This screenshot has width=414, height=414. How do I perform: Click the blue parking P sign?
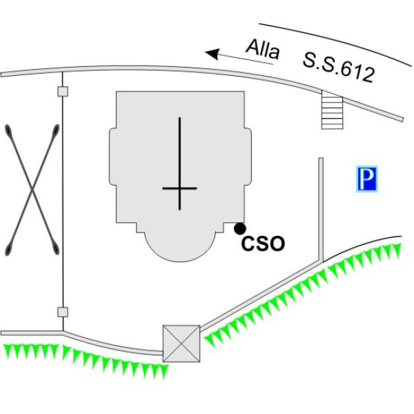coord(367,179)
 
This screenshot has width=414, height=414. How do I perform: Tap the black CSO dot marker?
coord(240,228)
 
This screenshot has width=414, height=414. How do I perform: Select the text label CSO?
coord(264,244)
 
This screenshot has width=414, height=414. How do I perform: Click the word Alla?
coord(263,50)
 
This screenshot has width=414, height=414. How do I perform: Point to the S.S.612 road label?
coord(339,68)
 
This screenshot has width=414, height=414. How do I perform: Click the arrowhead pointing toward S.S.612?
coord(213,54)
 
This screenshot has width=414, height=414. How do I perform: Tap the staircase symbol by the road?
coord(332,110)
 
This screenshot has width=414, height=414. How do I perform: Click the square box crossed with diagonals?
coord(181,344)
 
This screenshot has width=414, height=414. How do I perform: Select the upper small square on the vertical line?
coord(63,91)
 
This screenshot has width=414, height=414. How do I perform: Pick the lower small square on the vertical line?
coord(63,312)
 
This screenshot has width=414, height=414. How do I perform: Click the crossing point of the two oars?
coord(32,189)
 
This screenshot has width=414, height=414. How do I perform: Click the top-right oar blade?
coord(56,131)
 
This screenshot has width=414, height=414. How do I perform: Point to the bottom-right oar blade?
coord(56,248)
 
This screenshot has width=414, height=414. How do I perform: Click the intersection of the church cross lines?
coord(179,188)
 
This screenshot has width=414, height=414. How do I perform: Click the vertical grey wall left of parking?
coord(321,209)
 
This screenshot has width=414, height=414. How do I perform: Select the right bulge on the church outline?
coord(248,157)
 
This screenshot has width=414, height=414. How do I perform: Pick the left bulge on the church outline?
coord(112,157)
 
